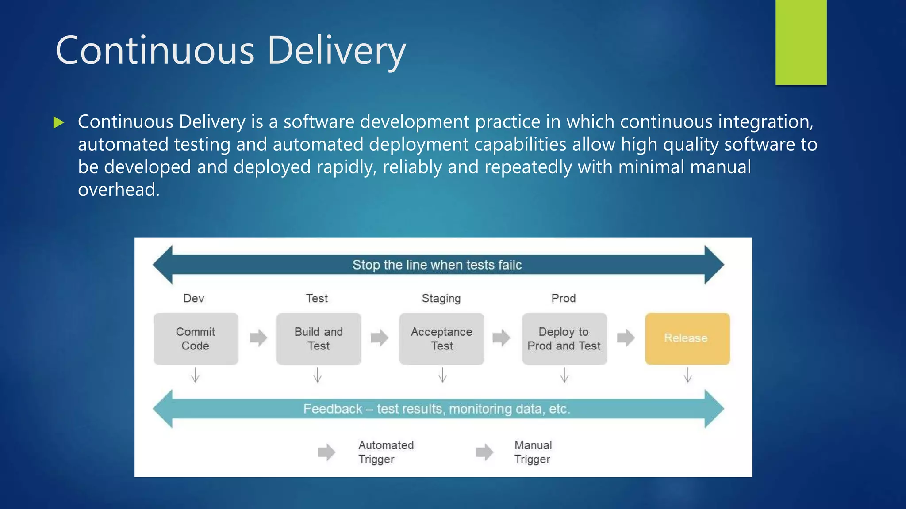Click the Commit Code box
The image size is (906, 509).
tap(196, 339)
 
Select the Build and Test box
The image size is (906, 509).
tap(319, 339)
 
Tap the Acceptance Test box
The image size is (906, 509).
tap(441, 339)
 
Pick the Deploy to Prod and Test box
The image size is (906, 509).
tap(564, 339)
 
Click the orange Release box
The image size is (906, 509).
tap(687, 338)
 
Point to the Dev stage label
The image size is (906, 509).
tap(194, 299)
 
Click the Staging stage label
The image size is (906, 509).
tap(441, 299)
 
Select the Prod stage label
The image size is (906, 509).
tap(563, 299)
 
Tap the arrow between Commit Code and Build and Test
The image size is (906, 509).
tap(258, 338)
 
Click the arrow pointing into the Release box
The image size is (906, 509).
tap(626, 338)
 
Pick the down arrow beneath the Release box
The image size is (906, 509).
tap(688, 375)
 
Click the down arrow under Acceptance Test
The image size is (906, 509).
tap(442, 375)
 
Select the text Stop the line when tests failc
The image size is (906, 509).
tap(437, 265)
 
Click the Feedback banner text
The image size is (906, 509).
tap(437, 409)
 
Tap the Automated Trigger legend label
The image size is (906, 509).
tap(386, 452)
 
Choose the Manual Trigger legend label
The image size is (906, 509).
tap(533, 452)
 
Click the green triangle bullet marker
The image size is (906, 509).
tap(58, 122)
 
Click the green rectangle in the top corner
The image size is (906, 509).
tap(801, 42)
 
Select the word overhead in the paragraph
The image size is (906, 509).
tap(118, 190)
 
